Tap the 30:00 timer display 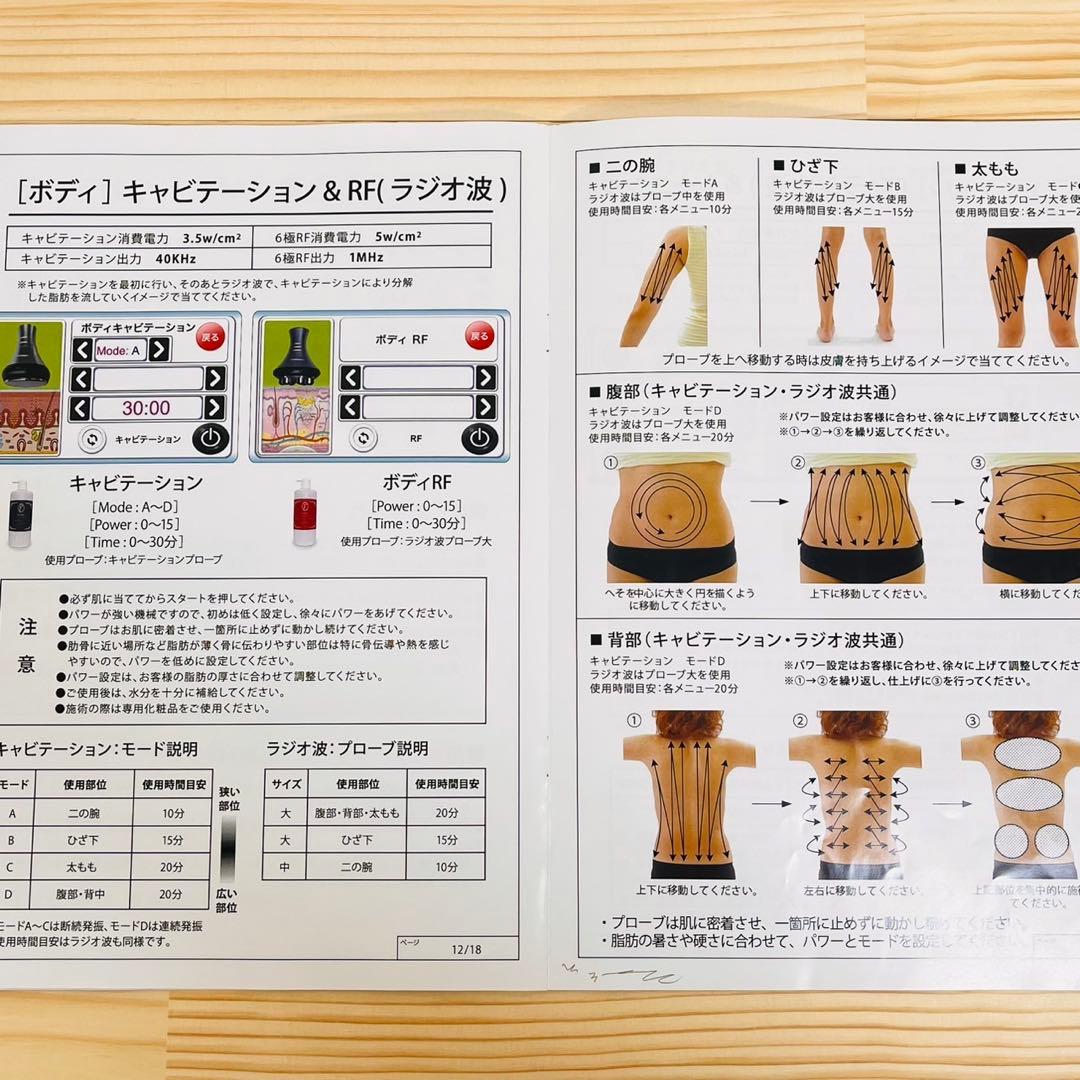pyautogui.click(x=146, y=408)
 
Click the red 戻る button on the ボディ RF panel pyautogui.click(x=478, y=336)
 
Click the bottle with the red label pyautogui.click(x=305, y=513)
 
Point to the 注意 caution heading pyautogui.click(x=28, y=646)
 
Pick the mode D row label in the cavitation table pyautogui.click(x=12, y=894)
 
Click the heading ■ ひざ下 pyautogui.click(x=808, y=166)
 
